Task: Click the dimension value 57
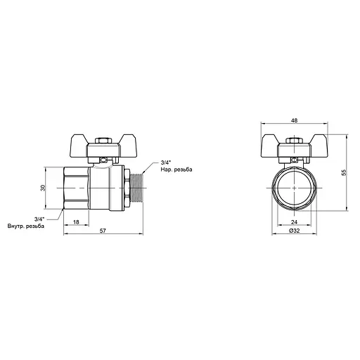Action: pyautogui.click(x=103, y=231)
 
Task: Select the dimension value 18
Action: pyautogui.click(x=76, y=222)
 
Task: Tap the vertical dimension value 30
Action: pyautogui.click(x=43, y=188)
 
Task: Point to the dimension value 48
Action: pyautogui.click(x=294, y=120)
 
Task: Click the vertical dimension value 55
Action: pyautogui.click(x=344, y=172)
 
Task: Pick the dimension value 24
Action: pyautogui.click(x=294, y=222)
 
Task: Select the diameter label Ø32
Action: pyautogui.click(x=295, y=231)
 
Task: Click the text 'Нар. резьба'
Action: pyautogui.click(x=176, y=169)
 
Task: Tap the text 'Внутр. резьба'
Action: pyautogui.click(x=26, y=226)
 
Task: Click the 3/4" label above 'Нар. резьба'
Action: pyautogui.click(x=166, y=162)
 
